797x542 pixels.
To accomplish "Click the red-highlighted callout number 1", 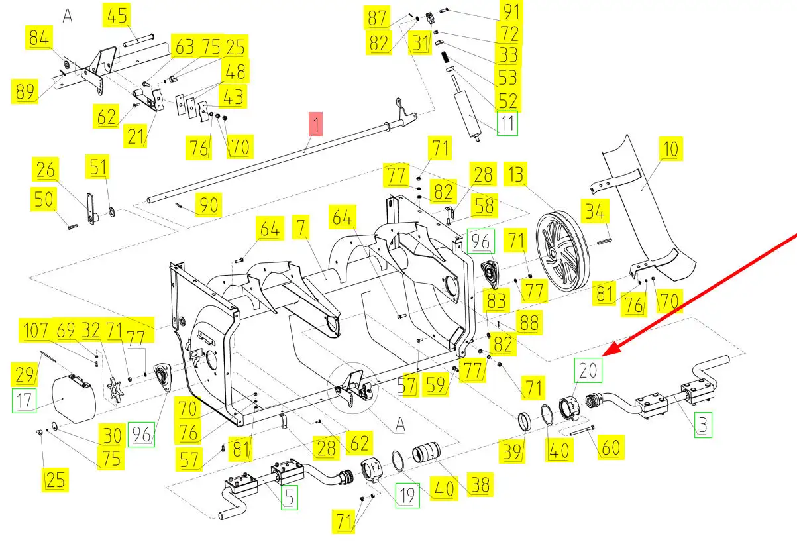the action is pyautogui.click(x=315, y=124).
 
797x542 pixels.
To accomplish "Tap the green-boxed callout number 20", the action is pyautogui.click(x=588, y=370).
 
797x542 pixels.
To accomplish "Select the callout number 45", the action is pyautogui.click(x=117, y=15).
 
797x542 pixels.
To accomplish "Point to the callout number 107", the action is pyautogui.click(x=35, y=330).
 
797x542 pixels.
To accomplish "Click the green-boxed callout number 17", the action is pyautogui.click(x=25, y=401).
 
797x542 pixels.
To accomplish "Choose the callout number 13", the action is pyautogui.click(x=515, y=174).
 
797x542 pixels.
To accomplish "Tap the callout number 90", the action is pyautogui.click(x=209, y=205).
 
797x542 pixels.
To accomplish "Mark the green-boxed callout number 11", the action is pyautogui.click(x=507, y=123).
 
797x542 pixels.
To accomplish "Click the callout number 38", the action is pyautogui.click(x=480, y=484).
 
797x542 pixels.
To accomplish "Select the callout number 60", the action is pyautogui.click(x=611, y=447).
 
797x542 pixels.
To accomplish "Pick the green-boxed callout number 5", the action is pyautogui.click(x=290, y=497).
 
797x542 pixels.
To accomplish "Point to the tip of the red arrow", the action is pyautogui.click(x=602, y=356).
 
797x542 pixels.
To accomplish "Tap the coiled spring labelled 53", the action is pyautogui.click(x=445, y=57).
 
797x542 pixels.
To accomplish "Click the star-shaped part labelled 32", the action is pyautogui.click(x=115, y=390).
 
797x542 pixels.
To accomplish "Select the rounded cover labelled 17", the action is pyautogui.click(x=74, y=400).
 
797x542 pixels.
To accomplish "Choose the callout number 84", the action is pyautogui.click(x=39, y=37).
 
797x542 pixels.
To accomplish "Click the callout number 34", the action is pyautogui.click(x=595, y=211).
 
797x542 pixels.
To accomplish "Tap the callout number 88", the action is pyautogui.click(x=529, y=323).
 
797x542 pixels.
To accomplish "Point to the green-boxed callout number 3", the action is pyautogui.click(x=704, y=425).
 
